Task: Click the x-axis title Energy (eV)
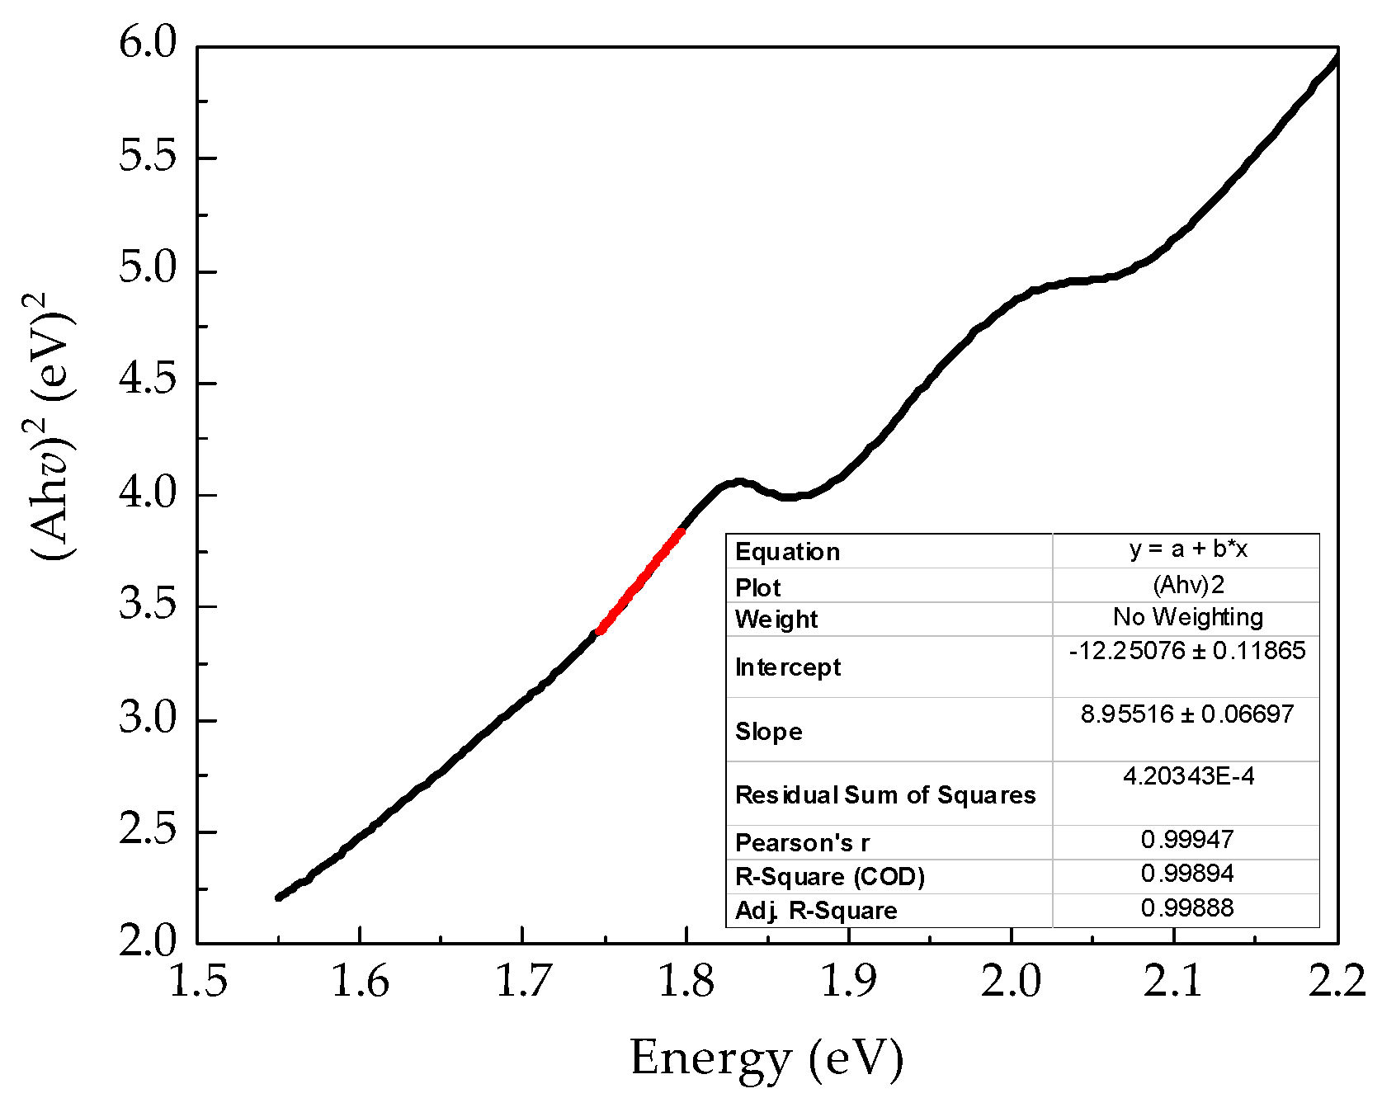(766, 1058)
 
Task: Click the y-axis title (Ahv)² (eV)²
(51, 426)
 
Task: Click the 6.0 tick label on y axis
(149, 43)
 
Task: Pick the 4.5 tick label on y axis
(149, 380)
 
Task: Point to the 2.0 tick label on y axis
(149, 941)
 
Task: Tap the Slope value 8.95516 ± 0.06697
(1187, 714)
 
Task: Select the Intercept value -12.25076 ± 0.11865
(1187, 651)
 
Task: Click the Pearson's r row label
(802, 843)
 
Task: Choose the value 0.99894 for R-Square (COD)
(1187, 874)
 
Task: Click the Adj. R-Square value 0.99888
(1187, 908)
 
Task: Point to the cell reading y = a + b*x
(1187, 549)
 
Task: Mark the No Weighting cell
(1187, 617)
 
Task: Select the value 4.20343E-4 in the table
(1188, 776)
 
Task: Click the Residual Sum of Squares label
(885, 795)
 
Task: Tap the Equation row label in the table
(787, 552)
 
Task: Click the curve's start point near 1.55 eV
(279, 898)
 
